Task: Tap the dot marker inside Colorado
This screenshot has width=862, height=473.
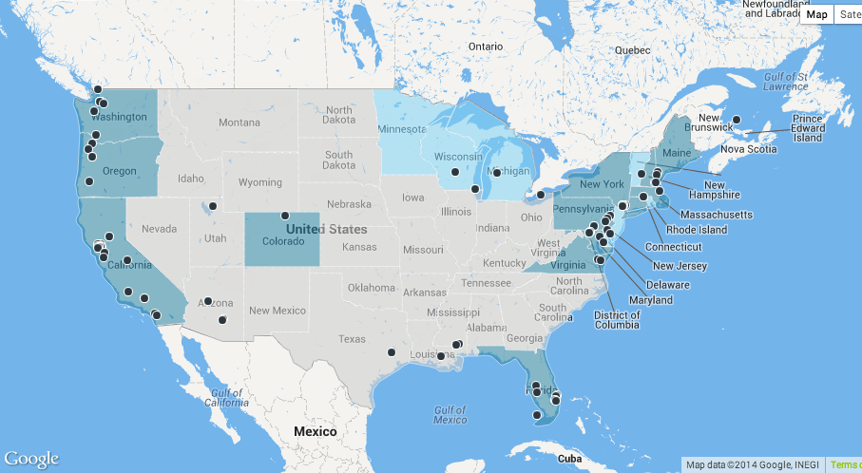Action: (x=284, y=216)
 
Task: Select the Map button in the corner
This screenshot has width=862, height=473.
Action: (x=817, y=14)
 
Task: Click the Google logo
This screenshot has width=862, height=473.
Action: (x=30, y=459)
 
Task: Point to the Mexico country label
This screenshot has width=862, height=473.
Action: (x=315, y=431)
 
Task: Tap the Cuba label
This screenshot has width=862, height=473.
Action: (x=569, y=458)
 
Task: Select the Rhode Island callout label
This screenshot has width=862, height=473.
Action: (x=697, y=230)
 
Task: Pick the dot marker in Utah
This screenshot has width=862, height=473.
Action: (x=213, y=206)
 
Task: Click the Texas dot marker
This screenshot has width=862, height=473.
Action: (x=392, y=352)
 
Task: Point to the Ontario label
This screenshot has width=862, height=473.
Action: (x=485, y=46)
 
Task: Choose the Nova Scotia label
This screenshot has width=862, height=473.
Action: (x=746, y=149)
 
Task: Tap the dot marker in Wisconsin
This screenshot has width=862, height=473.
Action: (x=455, y=172)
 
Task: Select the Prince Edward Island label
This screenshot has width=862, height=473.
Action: (x=807, y=128)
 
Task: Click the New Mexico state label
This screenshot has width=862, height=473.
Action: (x=277, y=311)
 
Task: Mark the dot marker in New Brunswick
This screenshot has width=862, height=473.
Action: (x=736, y=120)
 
